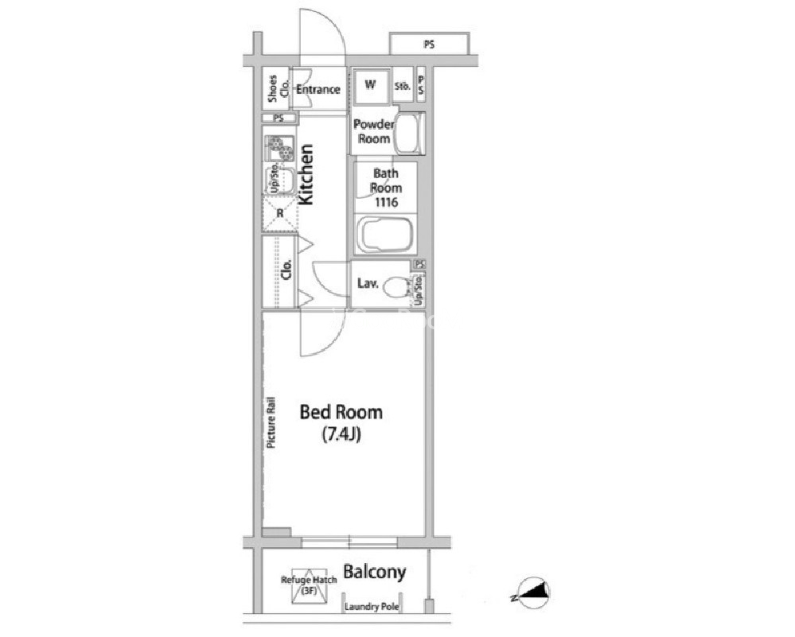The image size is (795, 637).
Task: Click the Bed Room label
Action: tap(341, 412)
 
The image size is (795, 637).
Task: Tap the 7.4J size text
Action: tap(341, 434)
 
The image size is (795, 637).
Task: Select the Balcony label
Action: tap(375, 572)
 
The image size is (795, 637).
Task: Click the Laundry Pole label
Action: tap(372, 607)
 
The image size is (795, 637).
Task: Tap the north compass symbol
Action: tap(532, 592)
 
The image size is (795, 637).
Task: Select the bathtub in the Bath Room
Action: tap(385, 235)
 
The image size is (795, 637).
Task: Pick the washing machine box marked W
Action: tap(371, 86)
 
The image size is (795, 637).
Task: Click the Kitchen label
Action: tap(306, 175)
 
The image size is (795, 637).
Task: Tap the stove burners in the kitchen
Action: tap(279, 149)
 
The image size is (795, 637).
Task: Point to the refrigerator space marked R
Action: tap(280, 213)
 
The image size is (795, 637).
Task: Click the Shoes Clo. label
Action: tap(278, 89)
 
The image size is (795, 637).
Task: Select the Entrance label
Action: tap(318, 90)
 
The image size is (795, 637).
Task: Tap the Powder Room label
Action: tap(374, 131)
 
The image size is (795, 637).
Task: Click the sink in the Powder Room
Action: tap(409, 134)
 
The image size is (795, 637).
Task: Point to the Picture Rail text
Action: tap(271, 422)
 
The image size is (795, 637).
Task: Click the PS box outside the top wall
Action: tap(430, 44)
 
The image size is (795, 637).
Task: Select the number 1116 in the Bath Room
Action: tap(386, 203)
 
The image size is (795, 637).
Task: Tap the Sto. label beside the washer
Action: tap(403, 87)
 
